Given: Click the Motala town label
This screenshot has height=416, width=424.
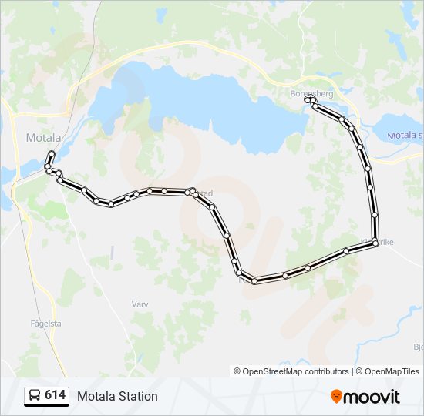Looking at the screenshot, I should [43, 138].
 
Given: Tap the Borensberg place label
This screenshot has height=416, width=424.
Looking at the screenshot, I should [311, 93].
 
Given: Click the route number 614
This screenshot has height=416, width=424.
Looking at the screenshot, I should [55, 395].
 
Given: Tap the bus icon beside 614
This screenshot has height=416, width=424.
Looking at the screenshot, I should [35, 396].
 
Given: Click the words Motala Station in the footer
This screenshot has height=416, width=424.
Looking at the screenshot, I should [117, 396].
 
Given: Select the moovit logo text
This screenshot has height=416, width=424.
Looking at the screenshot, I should [372, 397].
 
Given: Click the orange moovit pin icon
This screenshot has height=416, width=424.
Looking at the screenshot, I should [336, 397].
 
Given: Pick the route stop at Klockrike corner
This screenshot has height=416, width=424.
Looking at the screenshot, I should [375, 243].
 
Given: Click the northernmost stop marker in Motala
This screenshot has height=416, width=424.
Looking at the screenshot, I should [52, 153].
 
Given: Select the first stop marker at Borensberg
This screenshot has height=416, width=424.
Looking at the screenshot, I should [308, 99].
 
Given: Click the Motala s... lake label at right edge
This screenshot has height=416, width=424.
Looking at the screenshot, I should [405, 136].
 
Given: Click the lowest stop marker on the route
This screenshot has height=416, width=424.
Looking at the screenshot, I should [254, 280].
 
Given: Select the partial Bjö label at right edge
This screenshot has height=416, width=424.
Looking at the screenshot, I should [418, 347].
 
